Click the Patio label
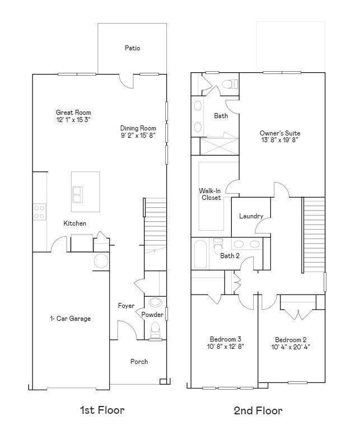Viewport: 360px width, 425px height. [x=132, y=48]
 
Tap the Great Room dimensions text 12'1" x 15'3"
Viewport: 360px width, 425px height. [x=73, y=120]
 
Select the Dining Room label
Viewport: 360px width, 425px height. [x=138, y=128]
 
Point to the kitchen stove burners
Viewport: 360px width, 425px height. [x=39, y=212]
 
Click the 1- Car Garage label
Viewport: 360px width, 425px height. [x=70, y=319]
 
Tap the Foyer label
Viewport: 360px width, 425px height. [x=126, y=306]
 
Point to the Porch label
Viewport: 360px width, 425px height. [x=139, y=362]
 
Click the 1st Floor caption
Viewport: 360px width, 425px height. [x=102, y=410]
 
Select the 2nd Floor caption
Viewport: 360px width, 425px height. [x=258, y=411]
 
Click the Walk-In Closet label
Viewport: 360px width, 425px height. [x=211, y=194]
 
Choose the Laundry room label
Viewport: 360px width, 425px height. [x=251, y=216]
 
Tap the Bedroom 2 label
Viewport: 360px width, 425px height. [x=291, y=340]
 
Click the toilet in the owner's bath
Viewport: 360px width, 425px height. [x=228, y=85]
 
